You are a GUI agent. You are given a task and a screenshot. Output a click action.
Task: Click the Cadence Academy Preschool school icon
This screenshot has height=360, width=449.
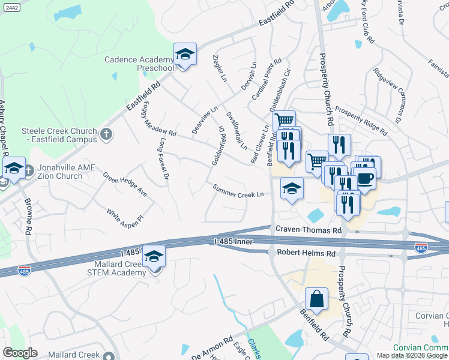coord(185,55)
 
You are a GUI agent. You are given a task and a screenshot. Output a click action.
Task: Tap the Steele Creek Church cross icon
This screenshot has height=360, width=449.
coord(106,134)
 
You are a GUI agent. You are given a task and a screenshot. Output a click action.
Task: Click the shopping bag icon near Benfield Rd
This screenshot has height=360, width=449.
coord(316,299)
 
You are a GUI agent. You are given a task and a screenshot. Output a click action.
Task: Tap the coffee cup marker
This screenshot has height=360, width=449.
coord(364,178)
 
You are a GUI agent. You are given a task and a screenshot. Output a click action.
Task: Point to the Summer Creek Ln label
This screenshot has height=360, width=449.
coord(238,191)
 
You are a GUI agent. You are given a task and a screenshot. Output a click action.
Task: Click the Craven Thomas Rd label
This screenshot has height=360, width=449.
coord(309,230)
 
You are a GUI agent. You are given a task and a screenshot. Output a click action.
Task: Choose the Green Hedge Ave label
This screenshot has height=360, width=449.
coord(125,185)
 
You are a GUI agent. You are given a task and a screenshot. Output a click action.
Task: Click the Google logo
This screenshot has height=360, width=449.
coord(20,353)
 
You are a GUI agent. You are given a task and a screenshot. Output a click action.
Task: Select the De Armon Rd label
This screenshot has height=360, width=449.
coord(211,349)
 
